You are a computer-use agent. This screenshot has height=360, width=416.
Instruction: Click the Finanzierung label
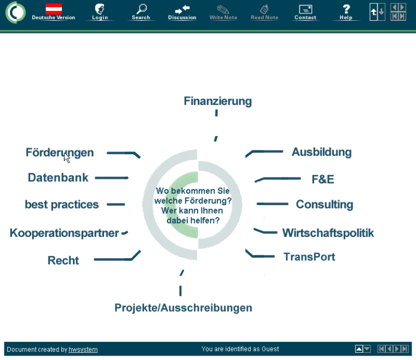coord(217,101)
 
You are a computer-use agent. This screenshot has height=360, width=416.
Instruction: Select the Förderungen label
coord(60,153)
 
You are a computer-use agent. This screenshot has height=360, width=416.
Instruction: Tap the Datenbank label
coord(58,178)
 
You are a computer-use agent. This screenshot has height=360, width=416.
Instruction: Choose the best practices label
coord(62,205)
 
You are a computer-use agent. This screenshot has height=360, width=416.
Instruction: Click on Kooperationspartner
coord(64,233)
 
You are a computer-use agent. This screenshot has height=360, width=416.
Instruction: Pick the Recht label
coord(63,260)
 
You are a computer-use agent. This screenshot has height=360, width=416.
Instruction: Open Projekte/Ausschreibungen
coord(183,307)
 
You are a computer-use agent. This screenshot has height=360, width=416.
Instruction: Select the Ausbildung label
coord(321,152)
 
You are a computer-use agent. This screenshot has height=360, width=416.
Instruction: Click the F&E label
coord(322,179)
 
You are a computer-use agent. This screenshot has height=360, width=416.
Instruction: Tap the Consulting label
coord(324,205)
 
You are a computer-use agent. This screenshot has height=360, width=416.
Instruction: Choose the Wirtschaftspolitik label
coord(328,233)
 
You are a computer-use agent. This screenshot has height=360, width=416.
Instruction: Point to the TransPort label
coord(309,257)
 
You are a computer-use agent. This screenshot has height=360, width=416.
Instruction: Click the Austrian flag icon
coord(54,9)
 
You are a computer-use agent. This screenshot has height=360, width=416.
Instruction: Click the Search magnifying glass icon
coord(141,9)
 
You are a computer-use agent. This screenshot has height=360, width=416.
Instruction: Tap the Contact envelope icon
coord(305,9)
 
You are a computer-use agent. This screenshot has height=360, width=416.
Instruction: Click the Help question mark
coord(346,9)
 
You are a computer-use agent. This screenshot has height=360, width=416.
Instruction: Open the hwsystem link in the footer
coord(83,349)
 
